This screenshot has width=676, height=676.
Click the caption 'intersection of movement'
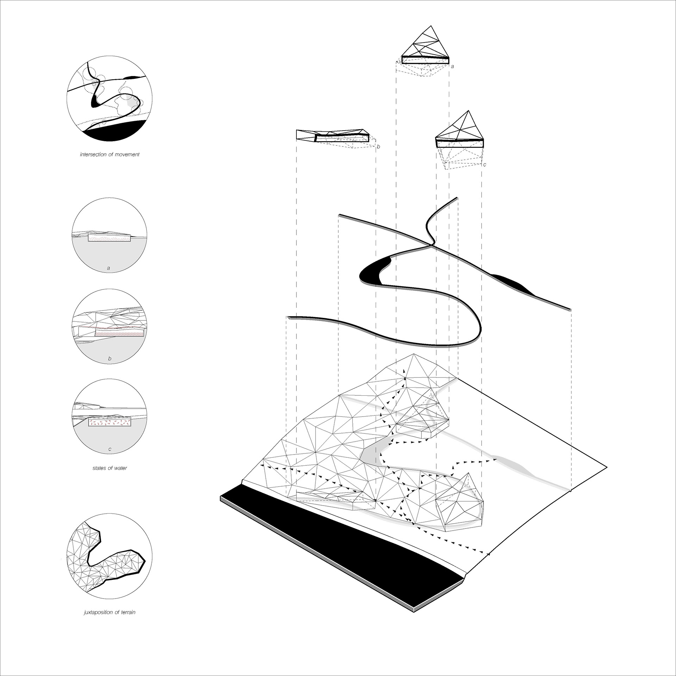coord(109,155)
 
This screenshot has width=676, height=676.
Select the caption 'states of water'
coord(109,468)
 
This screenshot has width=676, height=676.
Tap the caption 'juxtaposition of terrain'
coord(109,622)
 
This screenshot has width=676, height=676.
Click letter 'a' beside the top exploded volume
coord(452,66)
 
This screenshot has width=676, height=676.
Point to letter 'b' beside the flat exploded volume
coord(378,146)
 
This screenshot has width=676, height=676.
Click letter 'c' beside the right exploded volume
coord(485,164)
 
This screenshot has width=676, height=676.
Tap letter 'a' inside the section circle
coord(108,268)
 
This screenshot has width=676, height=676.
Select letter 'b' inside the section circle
coord(109,359)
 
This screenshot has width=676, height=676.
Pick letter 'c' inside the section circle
coord(109,449)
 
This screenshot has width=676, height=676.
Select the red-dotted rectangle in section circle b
coord(120,333)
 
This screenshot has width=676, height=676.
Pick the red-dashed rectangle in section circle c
coord(109,422)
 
